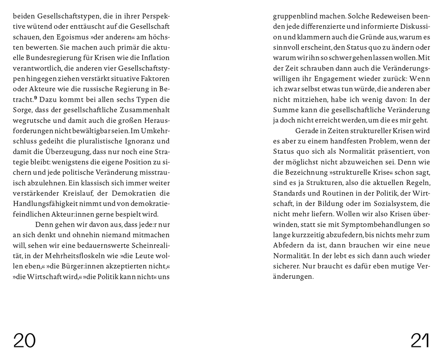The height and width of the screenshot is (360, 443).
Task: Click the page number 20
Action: (x=24, y=340)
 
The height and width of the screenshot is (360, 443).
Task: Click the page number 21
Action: (x=420, y=340)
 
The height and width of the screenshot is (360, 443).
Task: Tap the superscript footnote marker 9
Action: (x=35, y=98)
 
